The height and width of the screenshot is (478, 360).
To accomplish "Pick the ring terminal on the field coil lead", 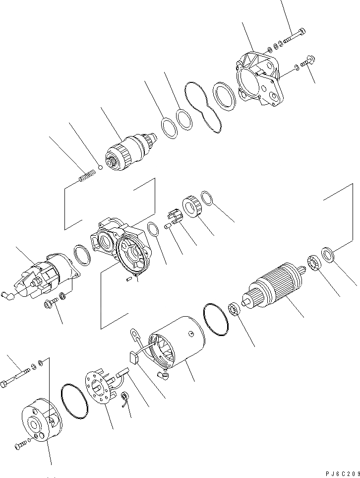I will pos(134,335).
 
